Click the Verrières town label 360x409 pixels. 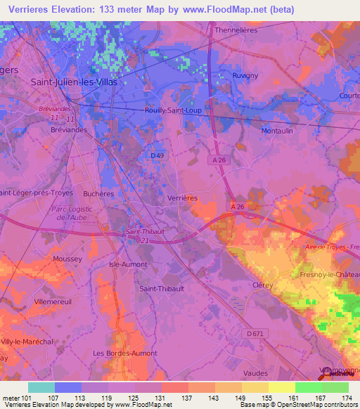point(182,198)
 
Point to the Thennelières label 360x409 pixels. point(236,30)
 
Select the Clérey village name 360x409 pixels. point(262,285)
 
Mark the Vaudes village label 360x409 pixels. point(255,372)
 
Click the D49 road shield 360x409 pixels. point(157,155)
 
